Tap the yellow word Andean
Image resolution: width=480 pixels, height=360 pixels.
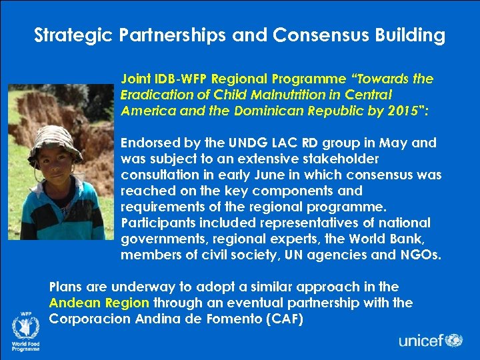click(73, 303)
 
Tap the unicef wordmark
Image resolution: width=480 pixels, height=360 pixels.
click(421, 341)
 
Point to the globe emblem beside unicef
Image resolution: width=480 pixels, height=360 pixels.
click(454, 340)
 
